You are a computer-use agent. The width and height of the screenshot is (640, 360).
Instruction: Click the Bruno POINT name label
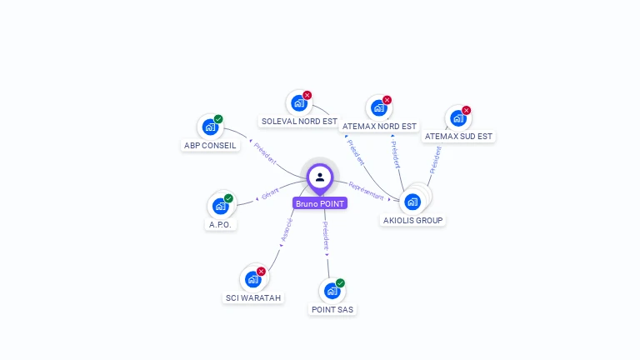tap(319, 203)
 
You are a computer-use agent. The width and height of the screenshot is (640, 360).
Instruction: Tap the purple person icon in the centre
tap(320, 177)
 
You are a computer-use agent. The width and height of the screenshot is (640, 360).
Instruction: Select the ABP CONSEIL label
tap(210, 145)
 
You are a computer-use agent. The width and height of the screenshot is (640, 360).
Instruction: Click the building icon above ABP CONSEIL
tap(210, 127)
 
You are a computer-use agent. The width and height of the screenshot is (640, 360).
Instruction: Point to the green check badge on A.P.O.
tap(228, 198)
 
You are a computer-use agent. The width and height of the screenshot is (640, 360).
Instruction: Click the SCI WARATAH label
tap(254, 297)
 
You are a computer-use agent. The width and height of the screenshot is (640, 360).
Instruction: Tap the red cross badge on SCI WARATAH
tap(261, 271)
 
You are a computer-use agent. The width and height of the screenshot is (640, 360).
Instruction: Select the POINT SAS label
tap(332, 309)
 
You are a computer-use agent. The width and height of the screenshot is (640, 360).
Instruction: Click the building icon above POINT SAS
tap(332, 291)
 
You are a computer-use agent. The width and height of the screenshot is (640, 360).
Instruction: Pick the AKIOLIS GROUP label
tap(413, 220)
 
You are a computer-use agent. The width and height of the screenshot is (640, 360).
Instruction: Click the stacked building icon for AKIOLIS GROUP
tap(412, 201)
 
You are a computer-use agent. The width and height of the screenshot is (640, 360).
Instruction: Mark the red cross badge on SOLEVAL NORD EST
tap(307, 95)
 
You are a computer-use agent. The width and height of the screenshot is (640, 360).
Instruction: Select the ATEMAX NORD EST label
tap(380, 127)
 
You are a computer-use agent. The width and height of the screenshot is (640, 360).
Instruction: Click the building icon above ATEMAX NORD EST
tap(378, 108)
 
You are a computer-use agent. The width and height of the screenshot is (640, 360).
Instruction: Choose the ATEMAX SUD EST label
tap(458, 136)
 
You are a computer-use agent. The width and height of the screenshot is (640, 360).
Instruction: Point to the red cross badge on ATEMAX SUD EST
tap(467, 110)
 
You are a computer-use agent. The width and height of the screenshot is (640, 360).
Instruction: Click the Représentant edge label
tap(367, 191)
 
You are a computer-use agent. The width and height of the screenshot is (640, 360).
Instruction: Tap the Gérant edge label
tap(270, 194)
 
